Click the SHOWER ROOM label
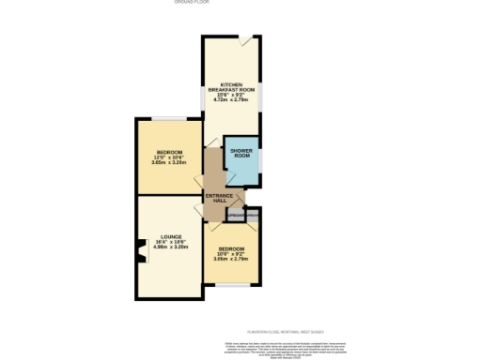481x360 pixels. (241, 155)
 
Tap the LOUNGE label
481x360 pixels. (170, 235)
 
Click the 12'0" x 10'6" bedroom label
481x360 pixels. (169, 157)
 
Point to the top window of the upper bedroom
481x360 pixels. (169, 118)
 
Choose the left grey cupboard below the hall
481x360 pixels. (234, 217)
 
